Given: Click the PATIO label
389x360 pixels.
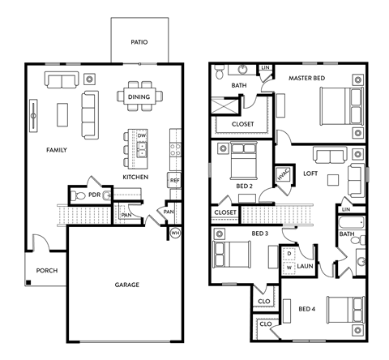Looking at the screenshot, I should (139, 41).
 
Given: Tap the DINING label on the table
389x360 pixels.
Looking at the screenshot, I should (139, 96).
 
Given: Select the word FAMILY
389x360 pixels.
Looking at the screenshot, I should (56, 150).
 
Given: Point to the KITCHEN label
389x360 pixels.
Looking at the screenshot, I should (135, 176).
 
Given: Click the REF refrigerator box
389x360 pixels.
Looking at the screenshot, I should (174, 180).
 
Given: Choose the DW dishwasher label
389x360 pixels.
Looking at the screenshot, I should (141, 135).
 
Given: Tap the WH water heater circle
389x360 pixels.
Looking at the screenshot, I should (175, 233).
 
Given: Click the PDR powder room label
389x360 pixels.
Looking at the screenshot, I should (94, 195).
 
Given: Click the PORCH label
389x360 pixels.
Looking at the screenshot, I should (46, 271).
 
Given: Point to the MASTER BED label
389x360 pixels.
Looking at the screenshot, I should (308, 78).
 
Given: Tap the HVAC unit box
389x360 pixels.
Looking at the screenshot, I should (283, 176).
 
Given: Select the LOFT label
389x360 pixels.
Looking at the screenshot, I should (310, 173).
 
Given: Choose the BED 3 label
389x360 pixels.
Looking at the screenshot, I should (259, 234).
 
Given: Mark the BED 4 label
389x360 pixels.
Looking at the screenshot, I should (308, 309).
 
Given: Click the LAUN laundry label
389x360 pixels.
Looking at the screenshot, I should (305, 265).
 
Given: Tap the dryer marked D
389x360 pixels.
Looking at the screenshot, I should (289, 253).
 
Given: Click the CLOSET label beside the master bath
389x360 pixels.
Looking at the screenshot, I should (242, 124).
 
